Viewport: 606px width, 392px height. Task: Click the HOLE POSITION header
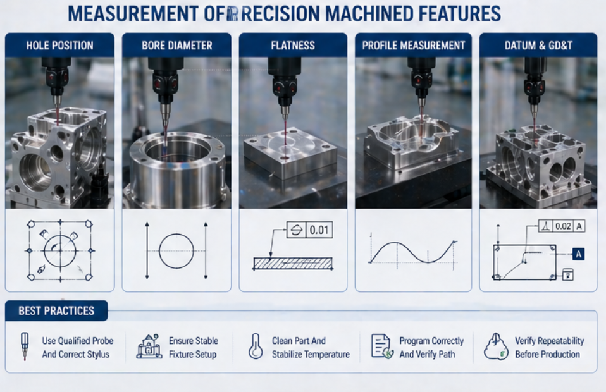pyautogui.click(x=59, y=46)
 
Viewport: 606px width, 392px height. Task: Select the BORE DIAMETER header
pyautogui.click(x=176, y=46)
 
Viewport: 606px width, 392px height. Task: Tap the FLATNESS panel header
pyautogui.click(x=292, y=46)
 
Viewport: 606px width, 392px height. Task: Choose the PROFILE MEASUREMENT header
pyautogui.click(x=413, y=46)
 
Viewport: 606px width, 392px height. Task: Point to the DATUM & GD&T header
pyautogui.click(x=538, y=46)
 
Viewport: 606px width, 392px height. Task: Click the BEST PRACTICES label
pyautogui.click(x=56, y=310)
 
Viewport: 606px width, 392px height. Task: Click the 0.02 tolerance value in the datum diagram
pyautogui.click(x=562, y=226)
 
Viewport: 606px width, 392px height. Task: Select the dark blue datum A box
pyautogui.click(x=578, y=254)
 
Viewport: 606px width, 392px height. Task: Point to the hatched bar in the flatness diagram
pyautogui.click(x=292, y=263)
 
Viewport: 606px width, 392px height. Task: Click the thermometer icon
pyautogui.click(x=256, y=347)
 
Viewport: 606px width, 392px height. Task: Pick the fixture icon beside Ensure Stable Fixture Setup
pyautogui.click(x=149, y=347)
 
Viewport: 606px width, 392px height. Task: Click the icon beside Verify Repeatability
pyautogui.click(x=496, y=347)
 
